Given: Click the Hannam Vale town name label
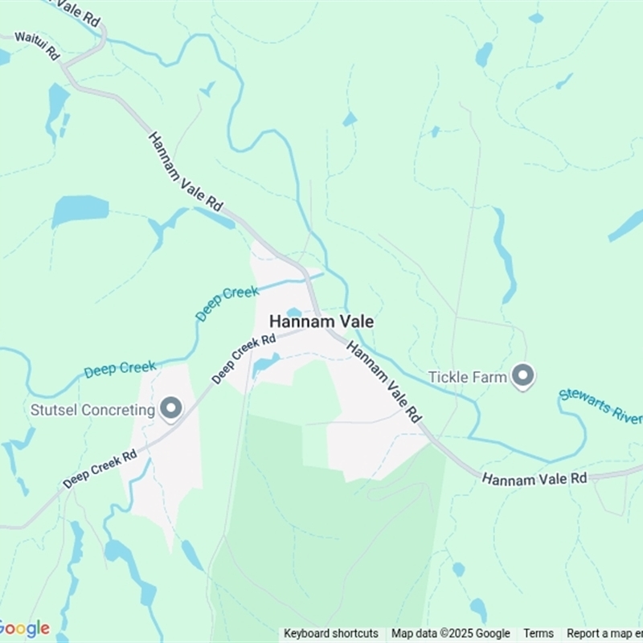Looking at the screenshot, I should [x=321, y=321].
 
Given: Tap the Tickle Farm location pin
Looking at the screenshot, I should [x=523, y=376].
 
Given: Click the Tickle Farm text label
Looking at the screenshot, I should [x=467, y=376].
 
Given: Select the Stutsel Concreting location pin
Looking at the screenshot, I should [x=170, y=409].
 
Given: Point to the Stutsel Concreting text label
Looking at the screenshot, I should [x=92, y=410].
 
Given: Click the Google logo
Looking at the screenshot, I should [x=24, y=628].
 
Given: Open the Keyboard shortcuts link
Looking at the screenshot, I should [x=331, y=633].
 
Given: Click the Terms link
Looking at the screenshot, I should [x=539, y=633].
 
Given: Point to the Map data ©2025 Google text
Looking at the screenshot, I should [x=451, y=633].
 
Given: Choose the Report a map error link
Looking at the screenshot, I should [x=604, y=633].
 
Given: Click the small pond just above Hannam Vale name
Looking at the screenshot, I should [x=294, y=312].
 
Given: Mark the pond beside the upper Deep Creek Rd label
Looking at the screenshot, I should [x=265, y=366].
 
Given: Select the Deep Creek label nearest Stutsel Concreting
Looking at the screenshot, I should [x=120, y=369].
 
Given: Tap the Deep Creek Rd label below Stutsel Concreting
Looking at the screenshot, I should [x=100, y=469].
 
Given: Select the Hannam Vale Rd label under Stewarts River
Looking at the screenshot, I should [x=534, y=478].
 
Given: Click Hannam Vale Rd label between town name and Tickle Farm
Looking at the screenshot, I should [x=384, y=382].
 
